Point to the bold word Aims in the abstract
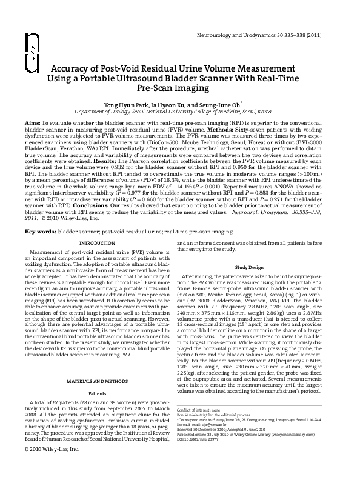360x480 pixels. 33,122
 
